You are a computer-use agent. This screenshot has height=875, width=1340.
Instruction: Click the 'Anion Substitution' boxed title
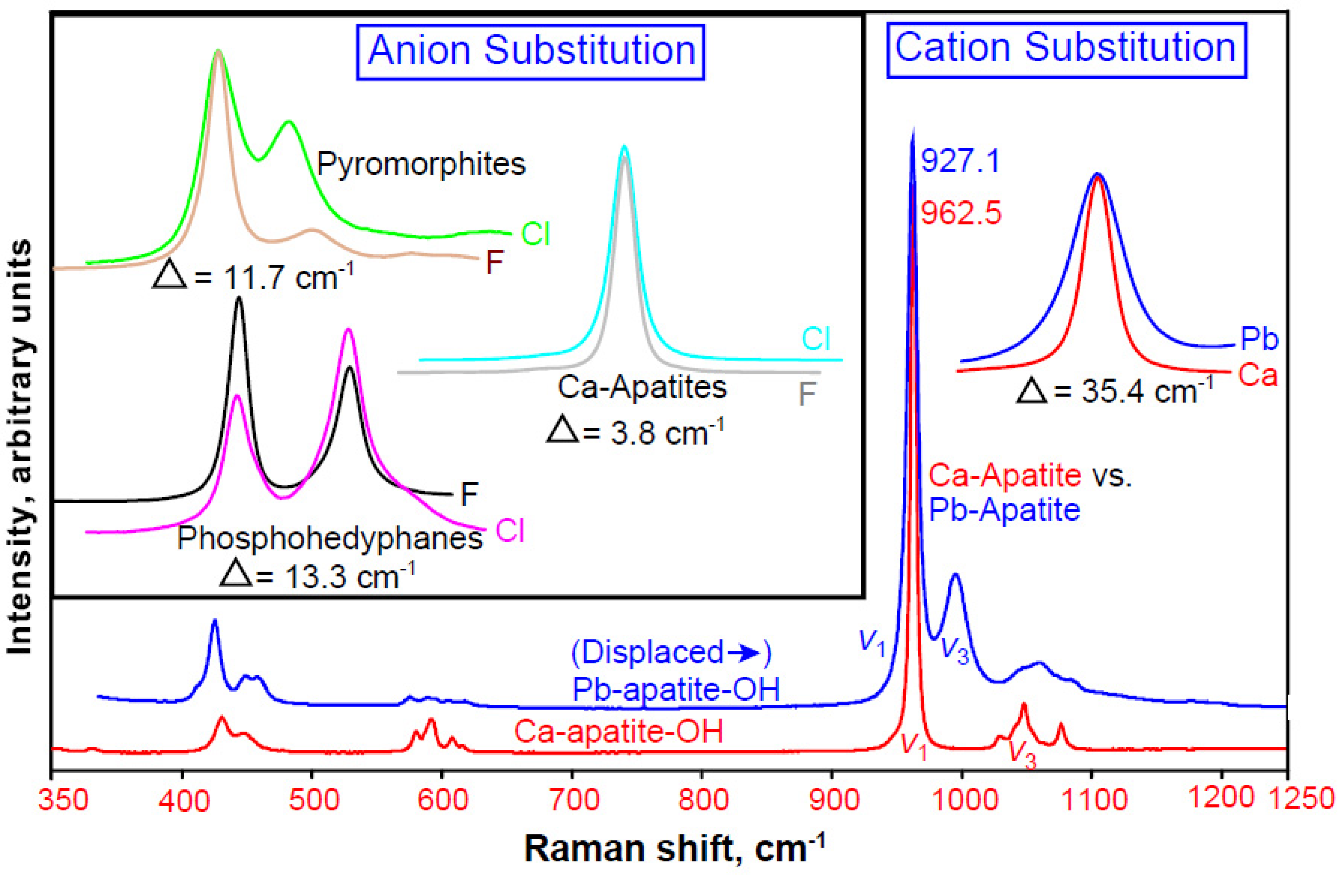click(x=531, y=51)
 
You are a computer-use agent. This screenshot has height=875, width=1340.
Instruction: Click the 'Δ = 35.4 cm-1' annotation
click(x=1114, y=391)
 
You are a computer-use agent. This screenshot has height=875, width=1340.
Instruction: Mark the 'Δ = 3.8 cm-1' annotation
click(x=635, y=432)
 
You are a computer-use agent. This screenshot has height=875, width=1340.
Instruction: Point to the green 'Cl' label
click(x=535, y=234)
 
